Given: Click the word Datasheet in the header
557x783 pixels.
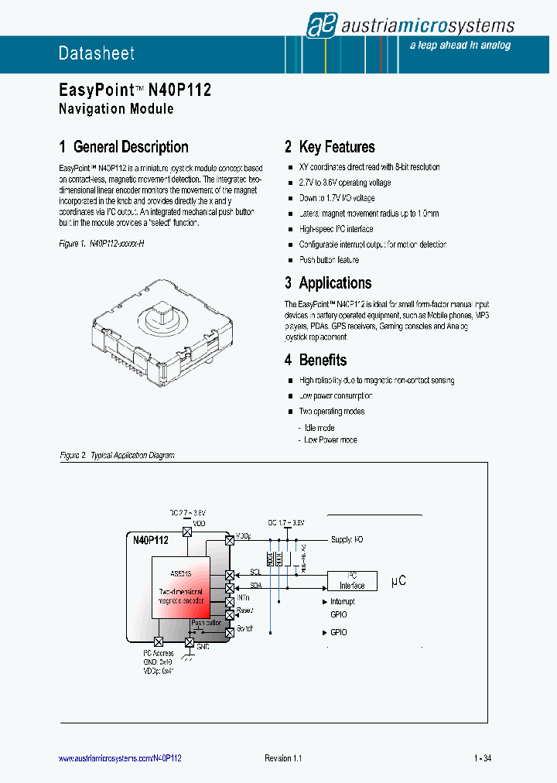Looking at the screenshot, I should tap(97, 53).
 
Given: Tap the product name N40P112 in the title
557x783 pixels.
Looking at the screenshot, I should tap(179, 90).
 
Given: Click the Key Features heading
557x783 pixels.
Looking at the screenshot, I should tap(337, 147).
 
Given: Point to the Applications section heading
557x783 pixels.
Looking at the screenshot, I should tap(335, 283).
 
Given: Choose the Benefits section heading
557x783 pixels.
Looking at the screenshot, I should tap(323, 360).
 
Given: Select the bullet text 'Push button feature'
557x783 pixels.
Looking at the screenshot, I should tap(329, 260).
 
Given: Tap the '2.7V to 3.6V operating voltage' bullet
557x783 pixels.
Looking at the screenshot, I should tap(344, 183).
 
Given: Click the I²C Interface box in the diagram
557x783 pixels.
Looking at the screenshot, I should tap(352, 581).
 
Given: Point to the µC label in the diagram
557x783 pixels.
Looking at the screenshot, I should tap(398, 580).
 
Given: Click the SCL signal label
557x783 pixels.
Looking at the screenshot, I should tap(255, 573).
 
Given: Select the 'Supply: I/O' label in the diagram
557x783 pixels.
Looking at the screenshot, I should tap(347, 539).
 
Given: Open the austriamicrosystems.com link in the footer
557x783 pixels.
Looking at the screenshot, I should tap(120, 758).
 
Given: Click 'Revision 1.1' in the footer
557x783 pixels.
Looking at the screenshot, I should tap(283, 758).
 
